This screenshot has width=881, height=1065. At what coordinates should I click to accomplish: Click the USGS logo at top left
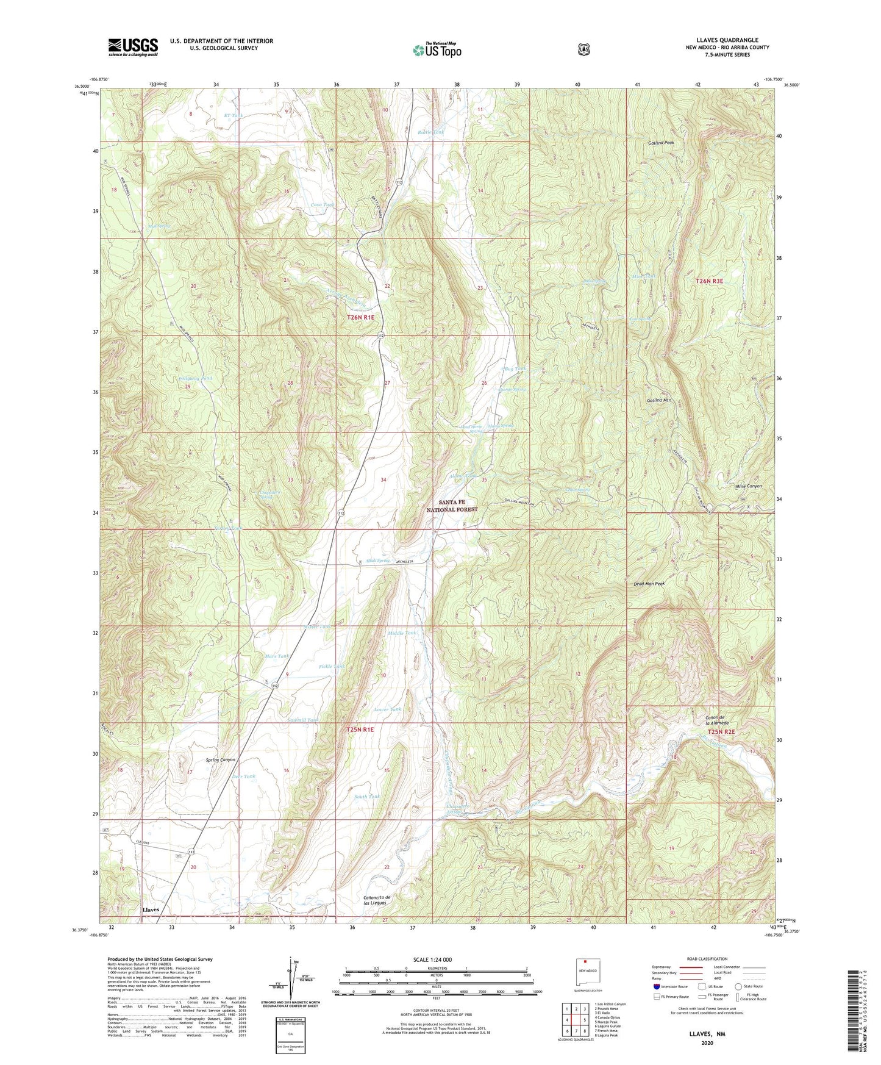pos(133,47)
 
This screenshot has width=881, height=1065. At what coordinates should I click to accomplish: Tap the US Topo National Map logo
pos(436,50)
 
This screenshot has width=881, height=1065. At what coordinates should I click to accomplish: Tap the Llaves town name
pos(151,909)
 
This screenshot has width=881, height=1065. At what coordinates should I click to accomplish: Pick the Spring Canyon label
pos(220,760)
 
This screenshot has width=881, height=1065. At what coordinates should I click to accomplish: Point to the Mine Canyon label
pos(748,486)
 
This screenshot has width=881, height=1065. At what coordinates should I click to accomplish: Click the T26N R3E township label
pos(710,281)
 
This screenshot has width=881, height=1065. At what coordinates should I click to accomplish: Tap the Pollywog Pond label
pos(195,378)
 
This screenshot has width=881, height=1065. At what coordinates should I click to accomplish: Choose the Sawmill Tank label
pos(303,720)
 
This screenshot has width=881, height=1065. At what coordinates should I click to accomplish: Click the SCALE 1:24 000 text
pos(432,959)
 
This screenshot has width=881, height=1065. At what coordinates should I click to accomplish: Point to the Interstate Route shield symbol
pos(656,986)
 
